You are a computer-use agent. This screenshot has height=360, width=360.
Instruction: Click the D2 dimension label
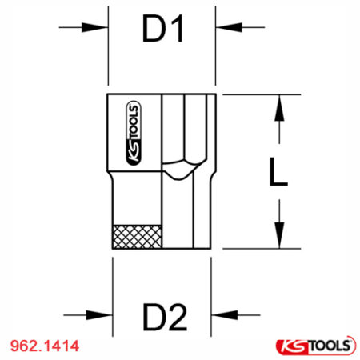[x=165, y=317]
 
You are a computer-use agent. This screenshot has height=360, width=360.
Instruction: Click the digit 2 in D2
[x=179, y=317]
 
